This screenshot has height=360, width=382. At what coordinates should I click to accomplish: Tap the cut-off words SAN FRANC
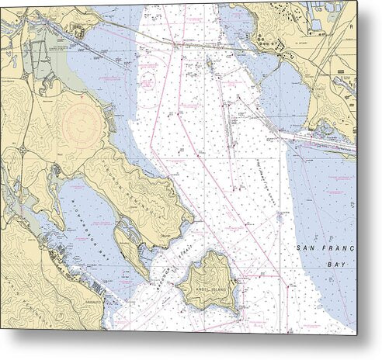(326, 248)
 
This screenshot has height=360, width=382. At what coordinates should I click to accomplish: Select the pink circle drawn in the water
(148, 78)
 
